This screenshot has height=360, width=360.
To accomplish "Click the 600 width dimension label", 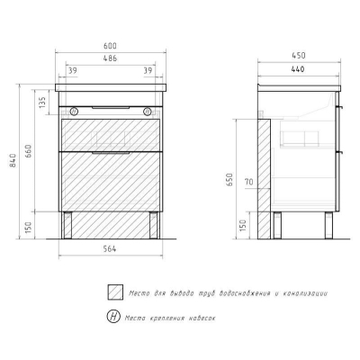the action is coord(110,46).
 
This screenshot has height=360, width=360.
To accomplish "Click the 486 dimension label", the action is coord(110,58).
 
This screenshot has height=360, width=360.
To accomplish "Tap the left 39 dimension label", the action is coord(73,71).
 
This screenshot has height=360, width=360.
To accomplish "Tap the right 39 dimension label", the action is coord(148,71).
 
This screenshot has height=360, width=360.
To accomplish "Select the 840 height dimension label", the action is coord(13,160).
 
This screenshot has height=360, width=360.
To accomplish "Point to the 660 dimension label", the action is coord(29,151).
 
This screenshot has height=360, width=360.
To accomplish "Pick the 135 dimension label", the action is coord(42,102).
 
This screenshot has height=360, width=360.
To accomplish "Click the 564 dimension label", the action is coord(110,248).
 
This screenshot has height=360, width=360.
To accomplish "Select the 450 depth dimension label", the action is coord(299,56).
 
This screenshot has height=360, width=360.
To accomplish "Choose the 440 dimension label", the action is coord(298,69).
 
